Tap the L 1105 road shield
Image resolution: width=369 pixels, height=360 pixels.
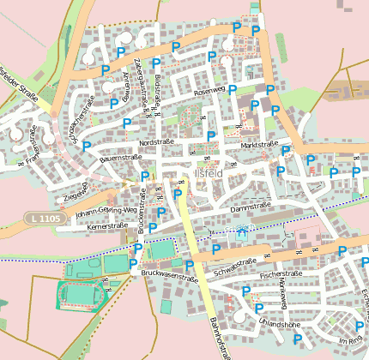point(44,219)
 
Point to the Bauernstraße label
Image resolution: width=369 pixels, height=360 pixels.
point(121,158)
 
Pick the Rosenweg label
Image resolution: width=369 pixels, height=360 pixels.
point(209,91)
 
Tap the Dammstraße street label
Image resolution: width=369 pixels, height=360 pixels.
point(251,205)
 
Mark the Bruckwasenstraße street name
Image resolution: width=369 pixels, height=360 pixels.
point(169,275)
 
